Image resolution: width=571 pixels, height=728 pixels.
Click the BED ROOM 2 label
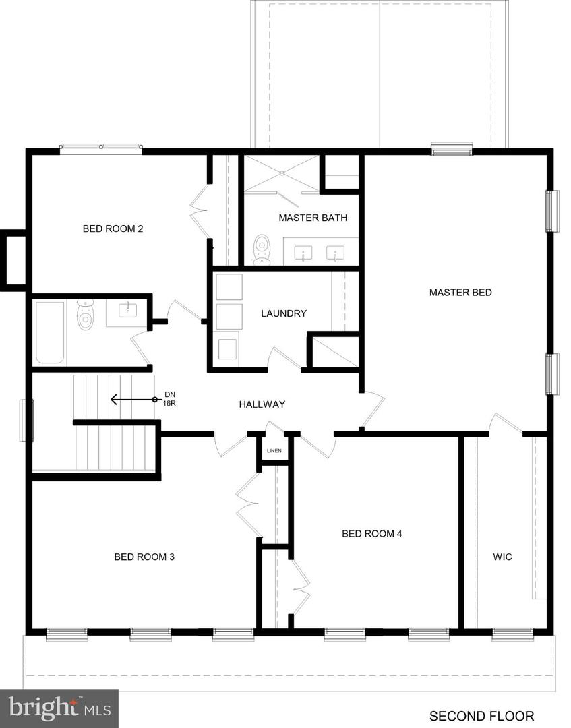coord(113,229)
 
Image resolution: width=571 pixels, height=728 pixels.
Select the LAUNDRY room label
coord(284,313)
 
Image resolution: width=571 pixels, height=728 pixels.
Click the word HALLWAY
coord(262,404)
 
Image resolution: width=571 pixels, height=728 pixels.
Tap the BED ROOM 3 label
coord(144,557)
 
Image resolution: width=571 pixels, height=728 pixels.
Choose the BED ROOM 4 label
coord(372,534)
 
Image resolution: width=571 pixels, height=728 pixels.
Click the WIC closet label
coord(502,557)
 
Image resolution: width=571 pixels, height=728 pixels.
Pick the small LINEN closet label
coord(273,451)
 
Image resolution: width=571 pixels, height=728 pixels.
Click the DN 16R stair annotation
coord(169,399)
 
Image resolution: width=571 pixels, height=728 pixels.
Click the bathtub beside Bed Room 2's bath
coord(50,332)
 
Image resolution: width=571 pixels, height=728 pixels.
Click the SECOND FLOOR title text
coord(481,716)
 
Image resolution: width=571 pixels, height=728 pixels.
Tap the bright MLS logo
coord(59,708)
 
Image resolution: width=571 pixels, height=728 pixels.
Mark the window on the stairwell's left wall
coord(26,421)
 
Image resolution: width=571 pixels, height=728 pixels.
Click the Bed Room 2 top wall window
coord(100,148)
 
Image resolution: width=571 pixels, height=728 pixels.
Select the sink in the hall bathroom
coord(127,311)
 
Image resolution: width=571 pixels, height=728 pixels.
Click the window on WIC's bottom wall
coord(512,633)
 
